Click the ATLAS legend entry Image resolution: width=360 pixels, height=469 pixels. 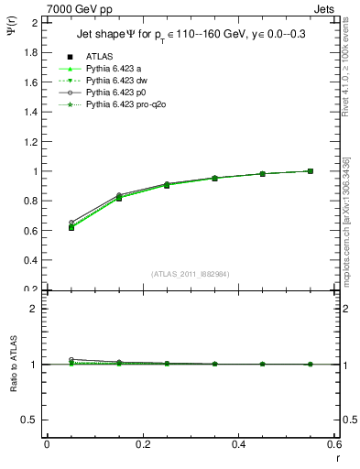pyautogui.click(x=99, y=57)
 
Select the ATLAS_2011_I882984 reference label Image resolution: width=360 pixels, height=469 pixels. pyautogui.click(x=191, y=273)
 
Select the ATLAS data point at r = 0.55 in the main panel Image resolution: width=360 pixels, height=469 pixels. pyautogui.click(x=311, y=171)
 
